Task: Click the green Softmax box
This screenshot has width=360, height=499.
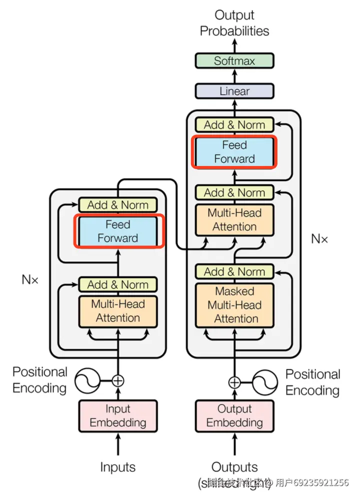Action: [x=234, y=61]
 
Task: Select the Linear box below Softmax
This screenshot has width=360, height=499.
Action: [x=234, y=91]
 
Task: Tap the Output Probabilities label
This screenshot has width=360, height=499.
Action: [x=234, y=23]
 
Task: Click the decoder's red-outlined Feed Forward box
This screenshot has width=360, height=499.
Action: [x=234, y=152]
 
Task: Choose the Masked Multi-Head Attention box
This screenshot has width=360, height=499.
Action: [x=234, y=305]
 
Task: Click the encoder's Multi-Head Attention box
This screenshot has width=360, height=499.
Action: [x=118, y=311]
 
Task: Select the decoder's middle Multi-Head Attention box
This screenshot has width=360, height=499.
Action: [x=234, y=219]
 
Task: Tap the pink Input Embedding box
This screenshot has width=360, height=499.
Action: [x=118, y=415]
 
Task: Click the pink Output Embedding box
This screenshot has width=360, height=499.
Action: [x=234, y=415]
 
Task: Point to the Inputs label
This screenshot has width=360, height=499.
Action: [x=118, y=467]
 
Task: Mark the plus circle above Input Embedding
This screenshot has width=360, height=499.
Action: [x=118, y=381]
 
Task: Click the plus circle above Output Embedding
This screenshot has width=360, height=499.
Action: [x=234, y=383]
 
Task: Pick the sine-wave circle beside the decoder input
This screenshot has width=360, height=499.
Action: [x=265, y=383]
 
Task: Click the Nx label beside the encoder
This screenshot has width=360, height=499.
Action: [x=30, y=279]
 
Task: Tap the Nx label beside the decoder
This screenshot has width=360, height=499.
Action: [x=319, y=238]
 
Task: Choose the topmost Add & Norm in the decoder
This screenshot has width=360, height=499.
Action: [x=234, y=125]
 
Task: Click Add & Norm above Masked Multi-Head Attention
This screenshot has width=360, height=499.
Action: [x=234, y=272]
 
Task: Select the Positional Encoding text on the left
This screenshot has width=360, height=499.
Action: [x=39, y=380]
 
